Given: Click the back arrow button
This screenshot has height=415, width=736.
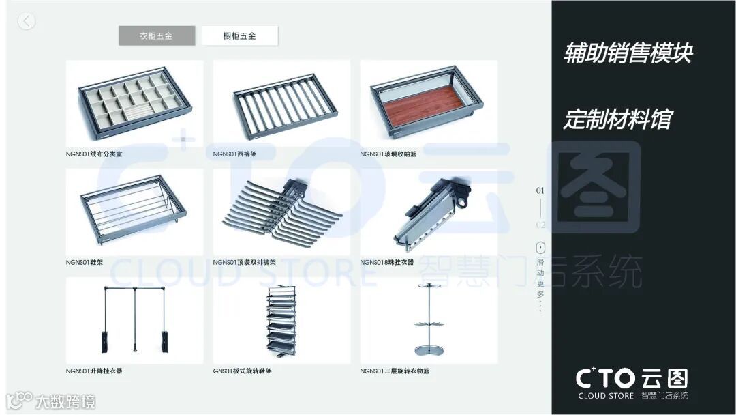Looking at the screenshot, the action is (x=26, y=21).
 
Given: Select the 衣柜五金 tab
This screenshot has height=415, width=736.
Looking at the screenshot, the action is (x=157, y=35).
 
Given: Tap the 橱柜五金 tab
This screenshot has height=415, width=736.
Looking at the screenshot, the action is (x=239, y=35).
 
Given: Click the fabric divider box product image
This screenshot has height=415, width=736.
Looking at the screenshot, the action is (x=135, y=104).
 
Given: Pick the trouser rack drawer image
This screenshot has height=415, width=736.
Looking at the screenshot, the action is (x=281, y=104).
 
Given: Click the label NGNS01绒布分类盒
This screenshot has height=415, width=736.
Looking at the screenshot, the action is (x=94, y=154).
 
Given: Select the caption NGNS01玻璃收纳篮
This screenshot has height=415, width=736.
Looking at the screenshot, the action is (x=388, y=154).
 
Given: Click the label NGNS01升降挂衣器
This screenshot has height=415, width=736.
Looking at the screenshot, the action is (x=94, y=371).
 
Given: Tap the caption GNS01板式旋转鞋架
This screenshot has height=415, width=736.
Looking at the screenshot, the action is (x=242, y=371).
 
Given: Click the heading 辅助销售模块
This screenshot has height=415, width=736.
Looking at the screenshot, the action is (x=628, y=53).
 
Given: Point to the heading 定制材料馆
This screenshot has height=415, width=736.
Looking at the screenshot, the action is (x=617, y=119).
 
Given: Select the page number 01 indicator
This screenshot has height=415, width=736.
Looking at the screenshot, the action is (x=540, y=190).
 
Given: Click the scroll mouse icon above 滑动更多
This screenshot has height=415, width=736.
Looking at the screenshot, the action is (x=540, y=247).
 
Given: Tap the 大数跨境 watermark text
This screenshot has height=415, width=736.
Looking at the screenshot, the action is (x=65, y=401).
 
